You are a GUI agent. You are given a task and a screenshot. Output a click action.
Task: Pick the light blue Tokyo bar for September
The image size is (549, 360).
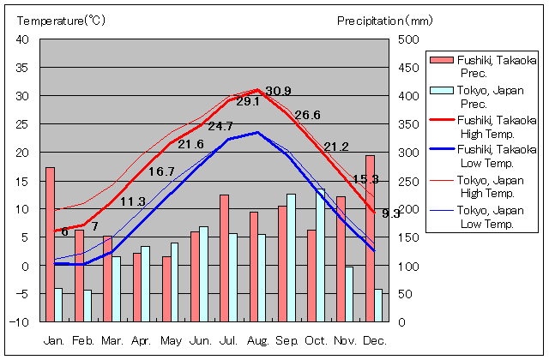coord(291,258)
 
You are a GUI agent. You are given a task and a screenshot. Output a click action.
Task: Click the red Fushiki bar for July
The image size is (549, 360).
coord(224,258)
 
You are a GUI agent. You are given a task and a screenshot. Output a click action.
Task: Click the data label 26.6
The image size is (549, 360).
coord(307,116)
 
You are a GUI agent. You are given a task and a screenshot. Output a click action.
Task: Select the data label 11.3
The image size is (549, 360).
coord(132,201)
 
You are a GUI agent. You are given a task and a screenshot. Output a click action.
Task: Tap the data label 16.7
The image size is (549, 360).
coord(161,171)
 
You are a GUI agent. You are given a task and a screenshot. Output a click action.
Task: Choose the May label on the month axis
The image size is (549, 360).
coord(171,340)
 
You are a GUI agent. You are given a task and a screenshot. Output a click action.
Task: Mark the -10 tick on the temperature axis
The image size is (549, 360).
coord(21,322)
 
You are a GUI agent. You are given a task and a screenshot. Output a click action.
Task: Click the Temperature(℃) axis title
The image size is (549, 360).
coord(60,21)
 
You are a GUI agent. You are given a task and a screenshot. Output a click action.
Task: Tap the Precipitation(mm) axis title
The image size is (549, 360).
coord(385,21)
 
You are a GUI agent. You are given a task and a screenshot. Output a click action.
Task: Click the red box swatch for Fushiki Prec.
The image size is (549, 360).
coord(440,59)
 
